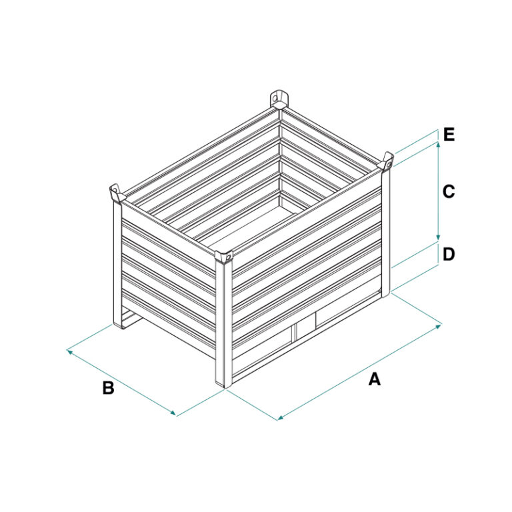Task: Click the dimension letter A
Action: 375,379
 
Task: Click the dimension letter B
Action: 109,388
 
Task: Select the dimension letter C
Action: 449,192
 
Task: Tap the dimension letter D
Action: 449,255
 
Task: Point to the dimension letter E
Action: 449,135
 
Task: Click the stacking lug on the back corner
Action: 279,98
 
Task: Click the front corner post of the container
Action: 224,324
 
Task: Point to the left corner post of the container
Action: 117,265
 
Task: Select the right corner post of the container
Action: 386,233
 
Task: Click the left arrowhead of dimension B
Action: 69,351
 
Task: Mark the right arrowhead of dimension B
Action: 174,414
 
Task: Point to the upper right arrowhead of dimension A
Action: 439,325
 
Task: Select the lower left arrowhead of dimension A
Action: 281,417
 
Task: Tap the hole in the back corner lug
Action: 275,97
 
